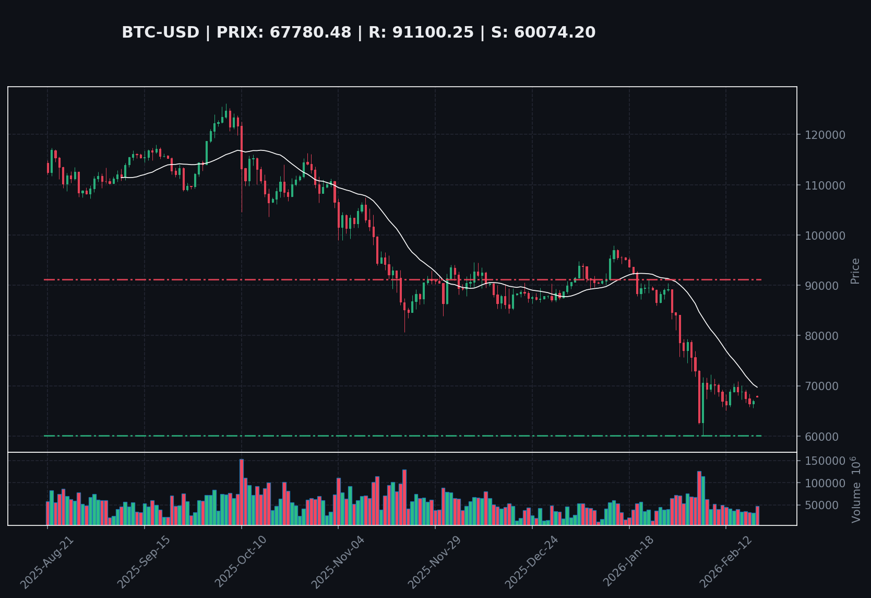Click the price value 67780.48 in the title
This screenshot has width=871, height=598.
point(310,33)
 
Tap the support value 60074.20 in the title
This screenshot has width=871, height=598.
point(554,33)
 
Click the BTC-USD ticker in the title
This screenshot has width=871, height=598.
point(160,33)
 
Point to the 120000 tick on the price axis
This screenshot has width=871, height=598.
point(825,135)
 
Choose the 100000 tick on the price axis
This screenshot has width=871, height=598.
point(825,236)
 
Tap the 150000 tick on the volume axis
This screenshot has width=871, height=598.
point(825,461)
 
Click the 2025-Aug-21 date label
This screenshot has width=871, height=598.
point(47,562)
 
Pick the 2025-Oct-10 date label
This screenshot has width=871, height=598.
point(241,562)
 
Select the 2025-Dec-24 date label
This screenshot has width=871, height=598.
point(532,562)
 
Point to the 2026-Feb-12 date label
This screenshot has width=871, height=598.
point(725,562)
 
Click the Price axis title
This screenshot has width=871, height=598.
point(855,271)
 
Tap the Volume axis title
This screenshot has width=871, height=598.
point(856,489)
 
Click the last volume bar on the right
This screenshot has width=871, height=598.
point(757,515)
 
